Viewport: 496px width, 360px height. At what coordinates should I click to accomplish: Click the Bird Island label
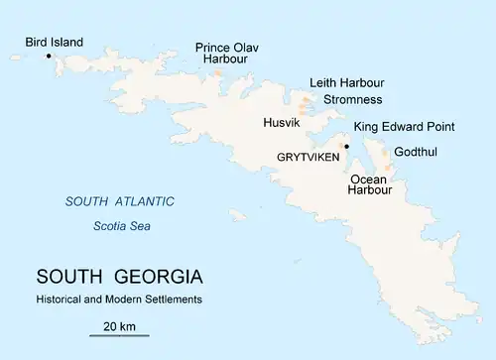tap(55, 43)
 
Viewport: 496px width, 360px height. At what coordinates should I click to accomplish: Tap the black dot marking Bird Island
tap(49, 56)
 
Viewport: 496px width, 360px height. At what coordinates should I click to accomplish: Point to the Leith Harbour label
tap(347, 82)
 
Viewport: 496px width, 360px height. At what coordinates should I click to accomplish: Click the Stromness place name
tap(353, 100)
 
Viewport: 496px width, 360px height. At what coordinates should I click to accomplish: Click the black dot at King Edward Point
tap(346, 146)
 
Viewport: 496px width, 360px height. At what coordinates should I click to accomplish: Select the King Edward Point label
tap(404, 127)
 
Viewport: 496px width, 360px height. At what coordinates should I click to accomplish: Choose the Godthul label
tap(415, 153)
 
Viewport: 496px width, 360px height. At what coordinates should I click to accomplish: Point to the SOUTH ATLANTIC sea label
tap(120, 202)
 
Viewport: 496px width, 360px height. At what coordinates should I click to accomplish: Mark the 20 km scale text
tap(120, 325)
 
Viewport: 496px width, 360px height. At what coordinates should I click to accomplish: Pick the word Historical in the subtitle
tap(62, 299)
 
